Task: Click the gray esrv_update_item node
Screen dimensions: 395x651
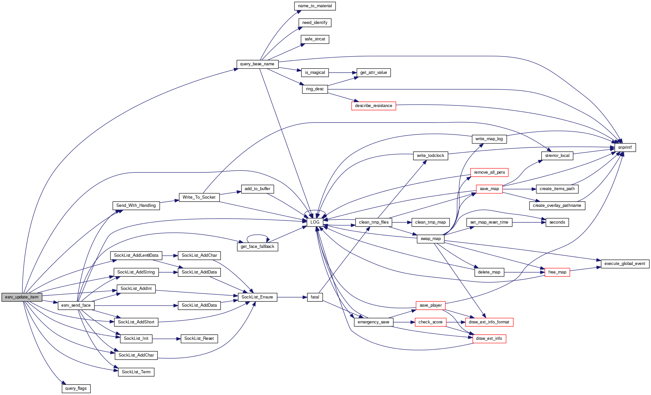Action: pos(22,297)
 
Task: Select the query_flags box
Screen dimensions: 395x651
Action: pos(76,388)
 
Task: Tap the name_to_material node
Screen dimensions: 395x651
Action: pos(315,6)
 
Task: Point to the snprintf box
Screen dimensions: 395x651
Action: pos(625,147)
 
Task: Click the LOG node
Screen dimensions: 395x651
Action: pos(315,222)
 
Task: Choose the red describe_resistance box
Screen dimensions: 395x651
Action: pos(373,106)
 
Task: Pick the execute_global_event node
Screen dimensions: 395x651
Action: pos(625,264)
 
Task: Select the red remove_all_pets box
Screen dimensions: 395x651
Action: pos(489,172)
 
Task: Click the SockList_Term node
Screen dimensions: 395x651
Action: pos(136,372)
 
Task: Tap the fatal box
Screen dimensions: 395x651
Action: pos(315,297)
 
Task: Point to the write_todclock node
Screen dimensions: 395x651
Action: pos(430,156)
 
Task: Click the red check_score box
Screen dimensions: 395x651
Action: pos(430,322)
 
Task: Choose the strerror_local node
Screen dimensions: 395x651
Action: pos(557,156)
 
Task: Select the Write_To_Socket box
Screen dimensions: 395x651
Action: pos(199,197)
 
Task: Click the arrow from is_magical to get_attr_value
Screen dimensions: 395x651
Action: pos(342,73)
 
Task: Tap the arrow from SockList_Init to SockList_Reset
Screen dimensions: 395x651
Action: pos(166,339)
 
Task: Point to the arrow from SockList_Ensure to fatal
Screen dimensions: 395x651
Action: pos(292,297)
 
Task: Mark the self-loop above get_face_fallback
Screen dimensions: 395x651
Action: pos(258,235)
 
